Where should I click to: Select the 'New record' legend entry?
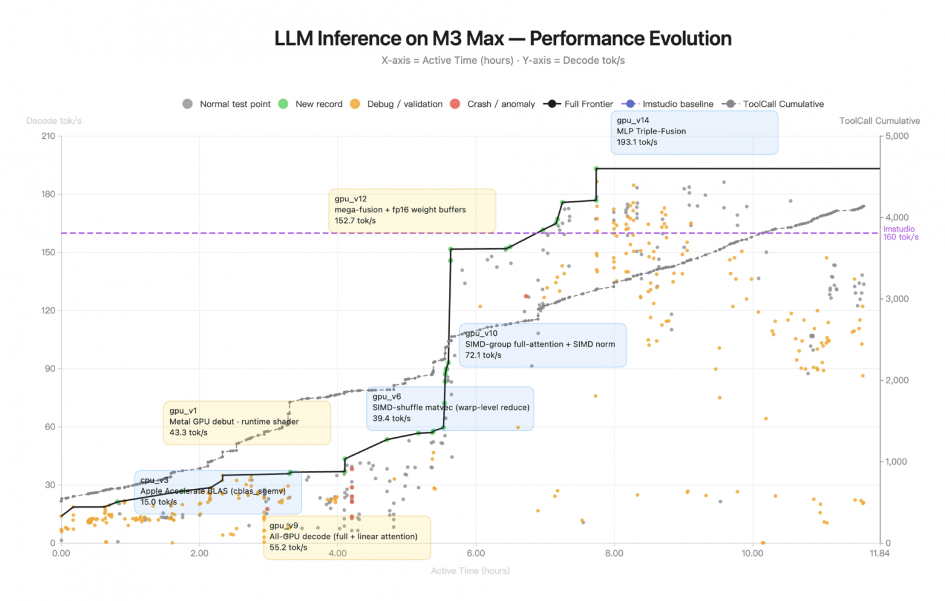[x=319, y=104]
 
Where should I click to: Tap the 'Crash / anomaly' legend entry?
[x=500, y=104]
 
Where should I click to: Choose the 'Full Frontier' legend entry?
[x=588, y=104]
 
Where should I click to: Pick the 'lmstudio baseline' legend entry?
[x=677, y=104]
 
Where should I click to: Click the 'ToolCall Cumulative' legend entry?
[x=783, y=104]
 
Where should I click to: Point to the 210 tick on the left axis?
[x=48, y=136]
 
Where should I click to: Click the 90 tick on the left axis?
[x=50, y=369]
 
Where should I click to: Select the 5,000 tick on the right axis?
[x=897, y=136]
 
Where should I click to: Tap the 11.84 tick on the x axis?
[x=880, y=553]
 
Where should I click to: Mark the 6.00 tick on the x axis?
[x=476, y=553]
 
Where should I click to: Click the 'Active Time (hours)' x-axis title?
[x=470, y=571]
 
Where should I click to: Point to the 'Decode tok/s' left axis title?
[x=54, y=121]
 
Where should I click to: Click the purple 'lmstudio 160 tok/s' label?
[x=900, y=233]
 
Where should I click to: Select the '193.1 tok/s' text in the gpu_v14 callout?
[x=637, y=143]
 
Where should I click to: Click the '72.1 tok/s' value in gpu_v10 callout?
[x=483, y=355]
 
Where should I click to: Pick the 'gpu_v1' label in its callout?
[x=183, y=411]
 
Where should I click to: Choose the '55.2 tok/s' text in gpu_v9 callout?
[x=288, y=548]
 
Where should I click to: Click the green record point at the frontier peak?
[x=596, y=169]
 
